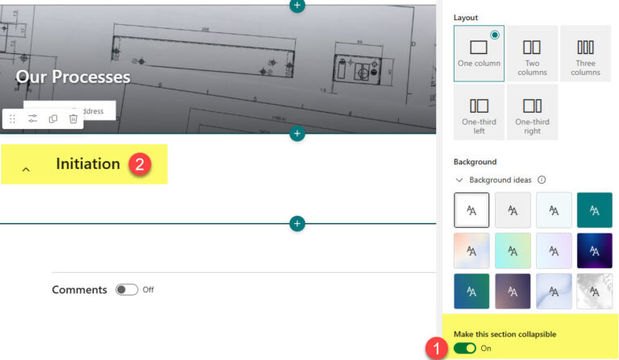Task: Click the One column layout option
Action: (x=479, y=52)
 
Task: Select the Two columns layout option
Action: (x=532, y=52)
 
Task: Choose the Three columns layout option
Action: (x=585, y=52)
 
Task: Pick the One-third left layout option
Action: (x=479, y=112)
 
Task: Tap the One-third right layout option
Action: (x=532, y=112)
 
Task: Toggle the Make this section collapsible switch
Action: (x=465, y=348)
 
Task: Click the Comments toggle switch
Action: (x=127, y=290)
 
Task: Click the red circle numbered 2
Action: (x=139, y=164)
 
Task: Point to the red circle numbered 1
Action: (x=435, y=349)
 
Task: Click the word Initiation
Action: (x=88, y=163)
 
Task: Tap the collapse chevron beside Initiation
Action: (x=26, y=169)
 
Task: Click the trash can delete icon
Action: (x=73, y=118)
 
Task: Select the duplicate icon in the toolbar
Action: (x=53, y=118)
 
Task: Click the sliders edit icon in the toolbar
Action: (x=33, y=118)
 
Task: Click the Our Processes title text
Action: (x=73, y=77)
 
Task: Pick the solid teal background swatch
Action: (x=595, y=209)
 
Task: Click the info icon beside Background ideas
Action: (x=542, y=180)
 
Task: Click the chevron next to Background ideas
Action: (x=459, y=180)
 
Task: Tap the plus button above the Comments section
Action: (x=297, y=223)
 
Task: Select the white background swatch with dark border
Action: (x=472, y=209)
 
